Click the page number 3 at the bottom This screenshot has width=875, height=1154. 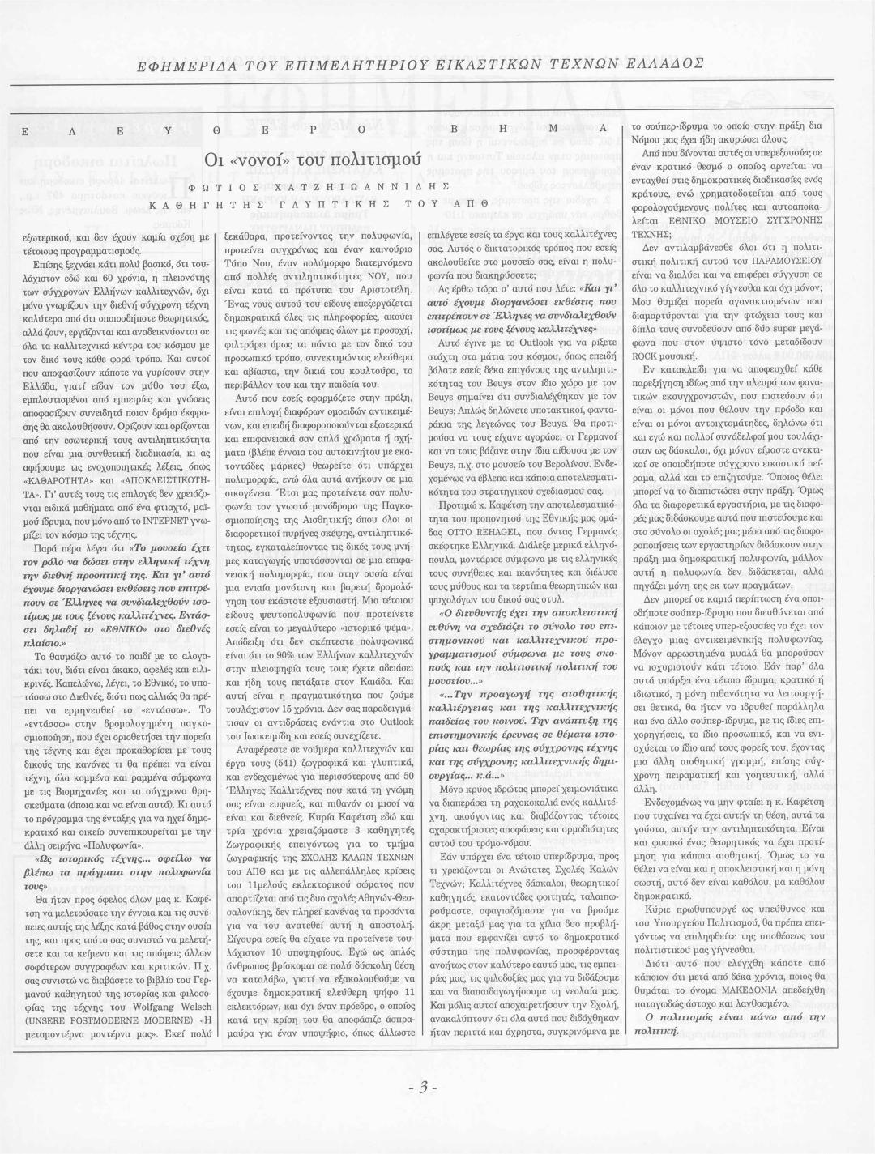424,1108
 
